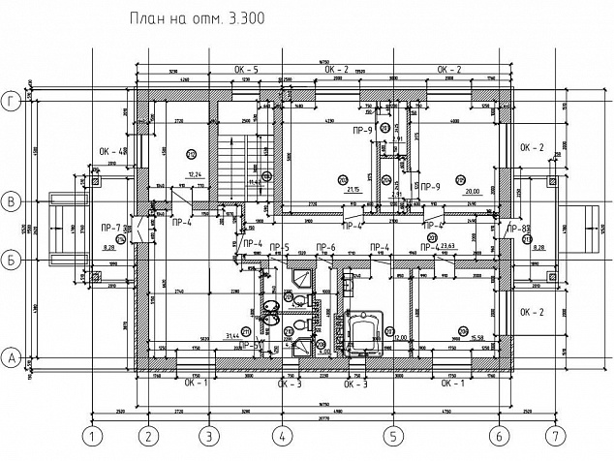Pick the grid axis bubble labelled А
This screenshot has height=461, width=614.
point(13,357)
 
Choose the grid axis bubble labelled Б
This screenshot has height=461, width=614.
point(13,260)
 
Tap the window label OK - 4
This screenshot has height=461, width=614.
point(112,151)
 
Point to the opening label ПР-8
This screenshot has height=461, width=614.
point(517,228)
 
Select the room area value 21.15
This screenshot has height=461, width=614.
point(353,190)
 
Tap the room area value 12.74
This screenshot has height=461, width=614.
point(194,174)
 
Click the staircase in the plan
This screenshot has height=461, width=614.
point(233,160)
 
